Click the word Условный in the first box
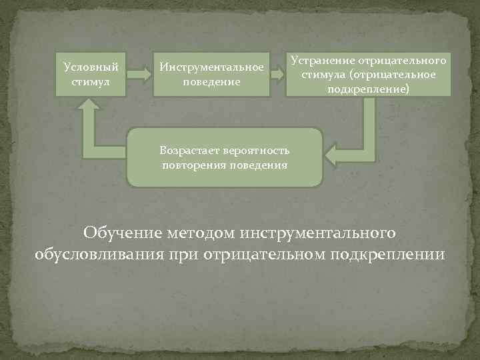[x=91, y=67]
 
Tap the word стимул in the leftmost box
[x=91, y=81]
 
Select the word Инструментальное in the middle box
[x=211, y=68]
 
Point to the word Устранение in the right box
[x=322, y=60]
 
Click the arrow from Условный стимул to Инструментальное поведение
[x=139, y=73]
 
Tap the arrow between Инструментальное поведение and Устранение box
[x=277, y=73]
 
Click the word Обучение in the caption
[x=121, y=233]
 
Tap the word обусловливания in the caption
[x=96, y=255]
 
